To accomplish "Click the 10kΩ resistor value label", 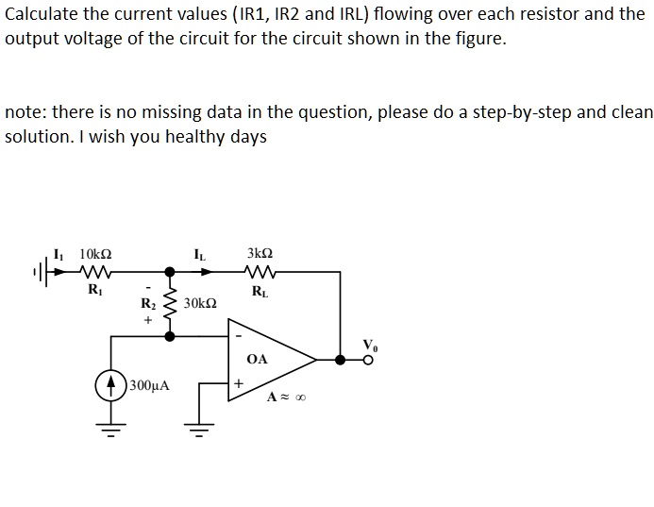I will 95,255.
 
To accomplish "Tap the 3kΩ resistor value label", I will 260,254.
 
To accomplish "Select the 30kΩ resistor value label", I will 200,304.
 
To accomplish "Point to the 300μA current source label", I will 150,386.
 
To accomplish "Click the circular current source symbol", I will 112,385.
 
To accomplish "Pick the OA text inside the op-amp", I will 257,359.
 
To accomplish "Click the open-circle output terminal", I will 369,359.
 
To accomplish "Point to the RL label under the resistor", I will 260,291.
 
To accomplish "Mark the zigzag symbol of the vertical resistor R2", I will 170,304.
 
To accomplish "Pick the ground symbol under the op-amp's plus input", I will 199,433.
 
